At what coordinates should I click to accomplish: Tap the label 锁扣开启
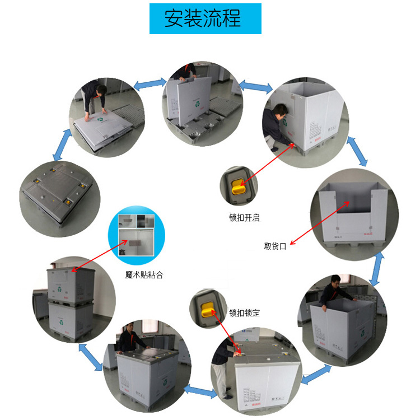(244, 217)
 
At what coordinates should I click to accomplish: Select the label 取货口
(275, 246)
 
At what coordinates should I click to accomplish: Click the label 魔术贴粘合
(144, 274)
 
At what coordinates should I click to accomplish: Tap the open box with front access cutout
(353, 210)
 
